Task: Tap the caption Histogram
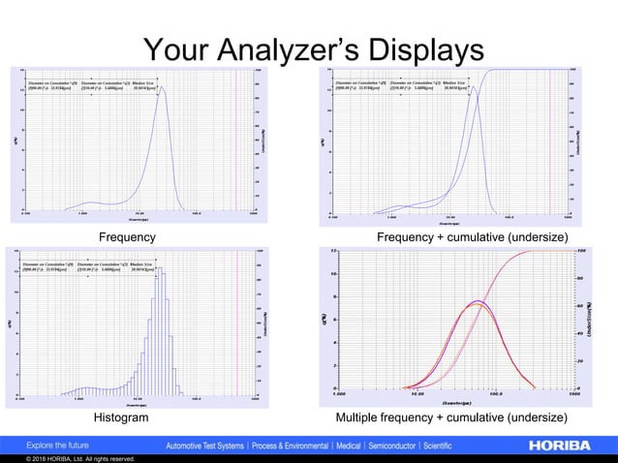click(x=121, y=417)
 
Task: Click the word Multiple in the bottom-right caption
click(x=358, y=417)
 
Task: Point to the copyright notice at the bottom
click(x=68, y=459)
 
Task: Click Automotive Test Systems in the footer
click(x=207, y=446)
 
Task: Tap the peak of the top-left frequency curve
click(x=161, y=88)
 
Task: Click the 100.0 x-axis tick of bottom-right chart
click(x=495, y=395)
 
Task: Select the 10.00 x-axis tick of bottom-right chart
click(x=416, y=395)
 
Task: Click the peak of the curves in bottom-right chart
click(x=477, y=302)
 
